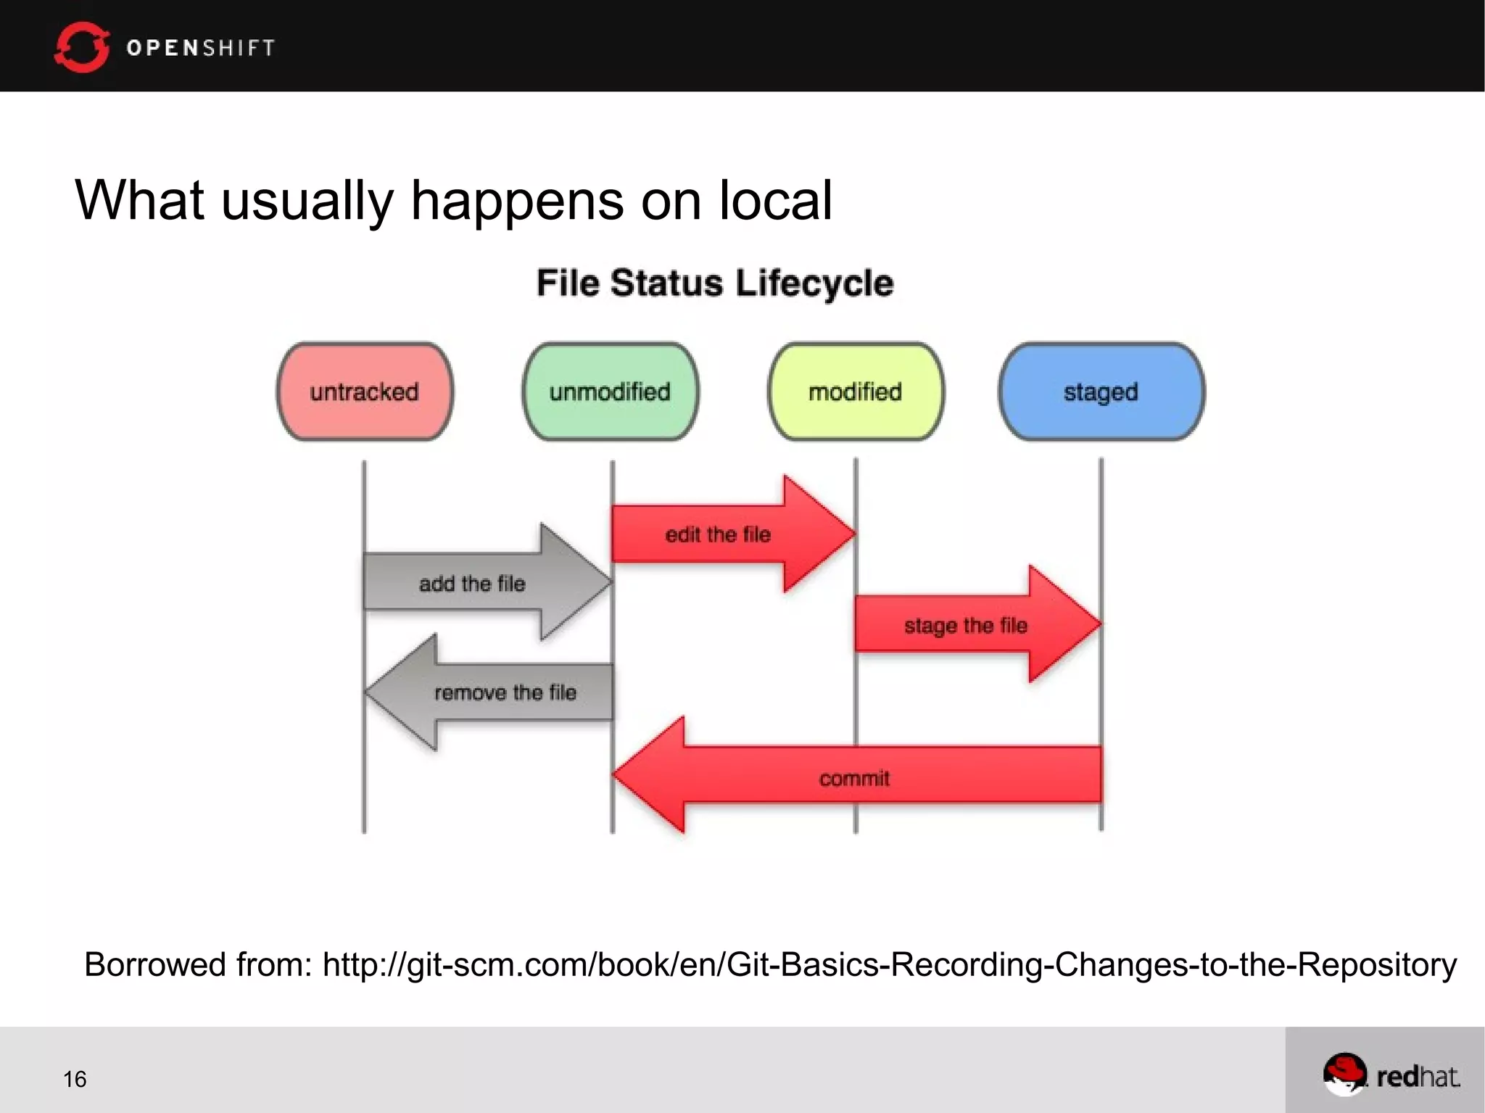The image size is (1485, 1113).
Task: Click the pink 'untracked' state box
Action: pos(365,392)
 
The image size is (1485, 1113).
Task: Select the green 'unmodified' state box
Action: pos(610,392)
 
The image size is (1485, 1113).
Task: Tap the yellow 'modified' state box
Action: pos(856,392)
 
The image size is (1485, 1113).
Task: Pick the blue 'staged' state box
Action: pos(1101,392)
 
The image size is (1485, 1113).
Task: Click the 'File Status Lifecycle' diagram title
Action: pos(714,283)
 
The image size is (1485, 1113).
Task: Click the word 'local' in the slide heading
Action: pos(775,200)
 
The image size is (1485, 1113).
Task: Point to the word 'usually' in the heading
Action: pos(307,202)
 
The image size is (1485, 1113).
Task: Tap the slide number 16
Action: pos(75,1079)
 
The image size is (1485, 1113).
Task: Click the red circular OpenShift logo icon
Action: pos(81,47)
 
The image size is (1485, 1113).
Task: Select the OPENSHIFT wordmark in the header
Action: pos(201,48)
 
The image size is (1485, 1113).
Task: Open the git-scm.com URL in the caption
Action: pos(889,965)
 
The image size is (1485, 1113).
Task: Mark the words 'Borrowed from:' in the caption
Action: pos(198,965)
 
